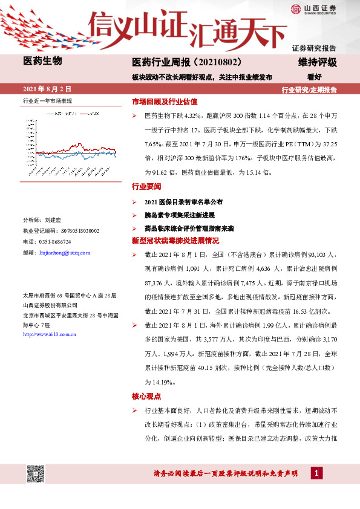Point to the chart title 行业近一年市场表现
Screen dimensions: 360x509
[x=47, y=100]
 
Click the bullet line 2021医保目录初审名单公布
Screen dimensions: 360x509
[x=183, y=201]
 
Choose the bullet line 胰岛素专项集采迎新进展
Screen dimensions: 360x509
[x=180, y=215]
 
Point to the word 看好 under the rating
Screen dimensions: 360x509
[x=314, y=77]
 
